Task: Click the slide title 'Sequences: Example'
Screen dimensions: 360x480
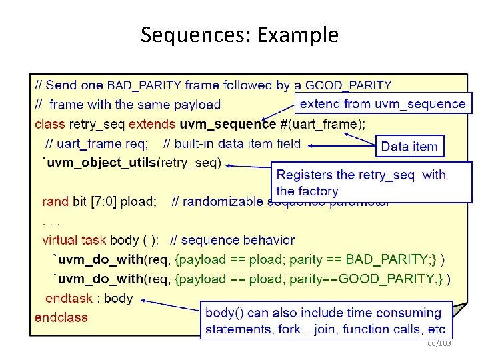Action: click(x=239, y=35)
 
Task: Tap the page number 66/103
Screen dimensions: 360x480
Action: click(x=439, y=343)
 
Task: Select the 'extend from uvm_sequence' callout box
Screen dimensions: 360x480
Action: click(x=383, y=103)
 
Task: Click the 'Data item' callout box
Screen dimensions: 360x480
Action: click(x=409, y=147)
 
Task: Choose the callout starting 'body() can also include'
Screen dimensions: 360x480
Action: click(x=325, y=321)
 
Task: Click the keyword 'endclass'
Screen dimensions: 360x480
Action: click(x=61, y=317)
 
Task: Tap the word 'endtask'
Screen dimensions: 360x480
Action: click(x=67, y=299)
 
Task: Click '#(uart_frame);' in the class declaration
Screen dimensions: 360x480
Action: click(x=323, y=124)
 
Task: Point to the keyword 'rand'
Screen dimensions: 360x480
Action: click(x=55, y=201)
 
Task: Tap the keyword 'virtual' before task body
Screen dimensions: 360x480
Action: click(x=60, y=240)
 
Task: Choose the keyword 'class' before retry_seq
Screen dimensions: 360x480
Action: click(x=50, y=124)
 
